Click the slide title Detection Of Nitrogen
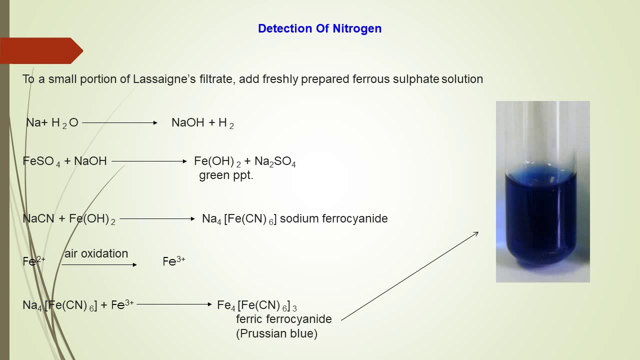coord(319,28)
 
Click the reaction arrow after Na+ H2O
coord(120,122)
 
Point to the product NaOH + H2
coord(202,123)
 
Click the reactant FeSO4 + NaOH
coord(64,161)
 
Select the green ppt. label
coord(226,175)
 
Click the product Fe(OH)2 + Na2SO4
coord(245,161)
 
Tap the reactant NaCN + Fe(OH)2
coord(69,219)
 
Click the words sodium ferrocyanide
coord(333,218)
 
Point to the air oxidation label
coord(96,253)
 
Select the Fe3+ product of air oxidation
coord(174,261)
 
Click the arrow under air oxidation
coord(99,264)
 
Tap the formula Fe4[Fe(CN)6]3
coord(256,305)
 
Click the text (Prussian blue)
coord(276,333)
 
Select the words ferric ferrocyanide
coord(283,319)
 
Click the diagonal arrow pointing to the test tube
coord(410,275)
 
